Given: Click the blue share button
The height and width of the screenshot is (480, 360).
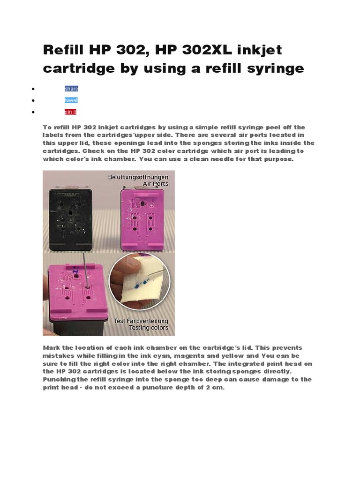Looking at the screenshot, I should [x=71, y=89].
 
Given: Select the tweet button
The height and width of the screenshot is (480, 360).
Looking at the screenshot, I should [x=71, y=100].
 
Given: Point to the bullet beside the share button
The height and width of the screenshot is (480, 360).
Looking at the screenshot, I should [x=33, y=89].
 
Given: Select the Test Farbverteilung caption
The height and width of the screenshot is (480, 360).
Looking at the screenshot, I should [x=141, y=321].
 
